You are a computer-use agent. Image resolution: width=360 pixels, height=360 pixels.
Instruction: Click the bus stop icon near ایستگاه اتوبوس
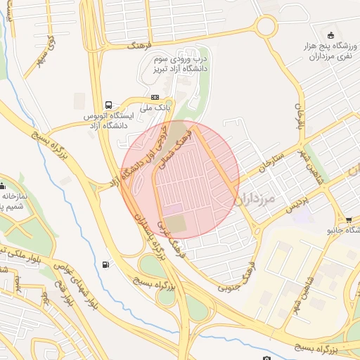click(x=108, y=103)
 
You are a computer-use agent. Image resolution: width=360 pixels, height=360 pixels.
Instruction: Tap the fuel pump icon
click(x=106, y=264)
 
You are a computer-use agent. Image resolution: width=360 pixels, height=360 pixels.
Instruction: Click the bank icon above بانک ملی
click(x=155, y=98)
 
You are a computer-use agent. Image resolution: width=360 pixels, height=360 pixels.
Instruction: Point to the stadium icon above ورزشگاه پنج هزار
click(x=330, y=36)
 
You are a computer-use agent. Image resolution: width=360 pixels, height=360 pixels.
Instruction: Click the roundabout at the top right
click(x=266, y=27)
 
